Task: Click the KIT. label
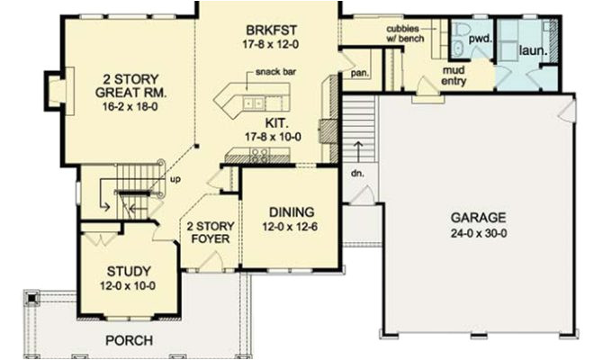[x=276, y=119]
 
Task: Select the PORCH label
[x=129, y=340]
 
